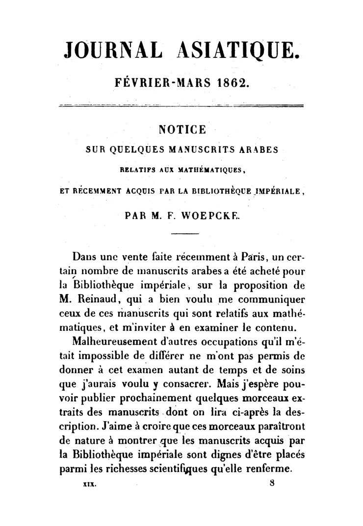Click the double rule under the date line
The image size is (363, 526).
[181, 105]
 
